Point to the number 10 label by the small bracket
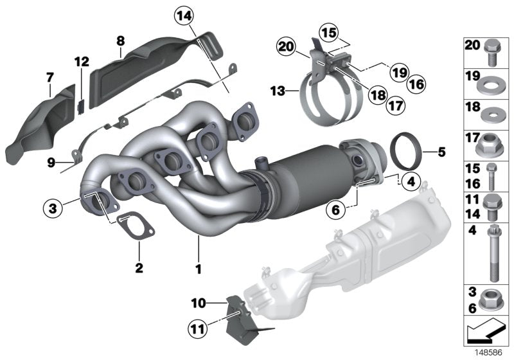pyautogui.click(x=199, y=301)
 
